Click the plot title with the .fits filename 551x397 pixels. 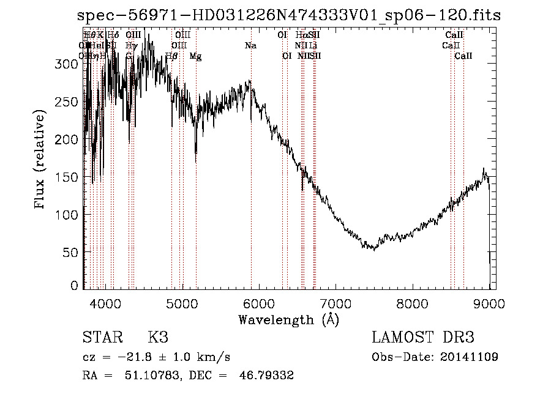(x=289, y=17)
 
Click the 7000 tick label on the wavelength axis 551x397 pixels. (x=335, y=302)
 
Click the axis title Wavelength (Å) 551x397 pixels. (x=288, y=319)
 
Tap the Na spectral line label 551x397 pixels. (x=250, y=45)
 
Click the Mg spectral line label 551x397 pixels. (x=195, y=56)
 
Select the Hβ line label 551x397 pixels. (x=171, y=56)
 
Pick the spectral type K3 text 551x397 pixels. (x=158, y=338)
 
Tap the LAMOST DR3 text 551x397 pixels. (x=423, y=338)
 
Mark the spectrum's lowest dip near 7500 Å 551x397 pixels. (x=375, y=249)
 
